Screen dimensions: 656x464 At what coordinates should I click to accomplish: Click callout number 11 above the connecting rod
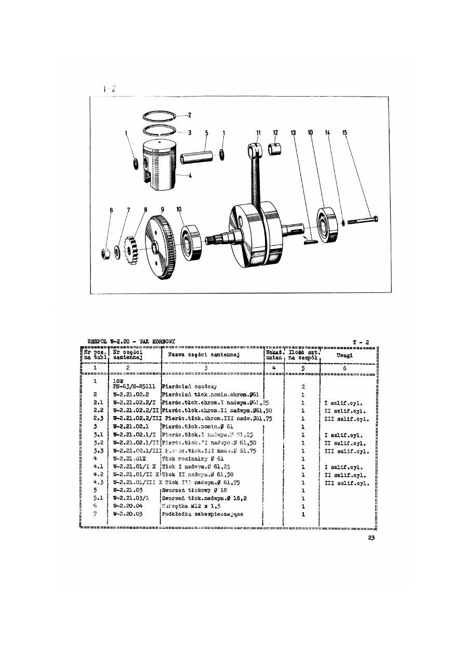258,132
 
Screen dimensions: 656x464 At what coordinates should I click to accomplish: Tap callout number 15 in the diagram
344,133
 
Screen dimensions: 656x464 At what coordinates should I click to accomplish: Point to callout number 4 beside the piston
190,176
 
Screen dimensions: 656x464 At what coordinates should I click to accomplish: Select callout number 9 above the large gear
163,209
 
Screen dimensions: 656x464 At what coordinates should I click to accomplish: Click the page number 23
370,538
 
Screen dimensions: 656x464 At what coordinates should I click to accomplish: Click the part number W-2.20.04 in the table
128,505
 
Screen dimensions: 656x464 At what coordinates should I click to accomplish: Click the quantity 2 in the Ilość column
302,386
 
